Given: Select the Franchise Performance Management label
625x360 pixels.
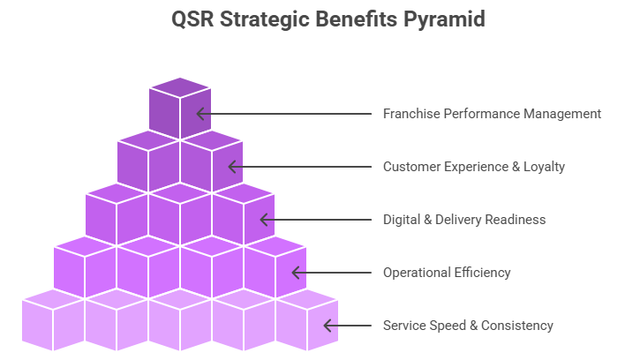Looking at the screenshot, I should pos(492,114).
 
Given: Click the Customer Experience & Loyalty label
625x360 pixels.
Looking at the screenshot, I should pos(473,167).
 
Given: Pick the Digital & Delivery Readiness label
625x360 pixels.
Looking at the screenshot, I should pos(464,220).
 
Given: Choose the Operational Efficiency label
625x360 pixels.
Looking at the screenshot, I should pos(447,273).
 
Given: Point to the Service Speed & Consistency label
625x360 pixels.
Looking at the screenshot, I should pos(468,326).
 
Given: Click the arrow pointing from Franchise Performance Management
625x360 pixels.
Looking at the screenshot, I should pos(282,114).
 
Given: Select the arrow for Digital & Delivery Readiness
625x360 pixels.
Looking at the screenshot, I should pos(314,220).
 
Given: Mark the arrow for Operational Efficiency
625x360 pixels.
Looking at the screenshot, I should pos(330,273).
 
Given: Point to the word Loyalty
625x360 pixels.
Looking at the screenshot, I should pos(542,167).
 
